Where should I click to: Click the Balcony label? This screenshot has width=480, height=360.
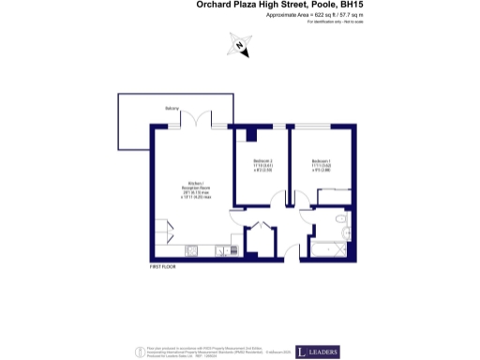[x=172, y=109]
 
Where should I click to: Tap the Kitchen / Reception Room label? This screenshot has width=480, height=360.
[x=196, y=190]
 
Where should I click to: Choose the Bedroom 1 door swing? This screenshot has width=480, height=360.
[x=299, y=199]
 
